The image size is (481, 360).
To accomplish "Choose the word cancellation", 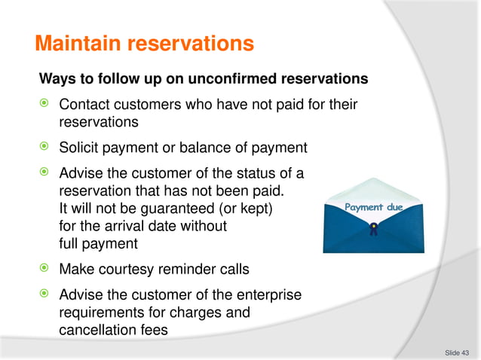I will coord(93,330).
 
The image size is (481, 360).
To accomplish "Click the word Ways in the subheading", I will coord(56,78).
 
